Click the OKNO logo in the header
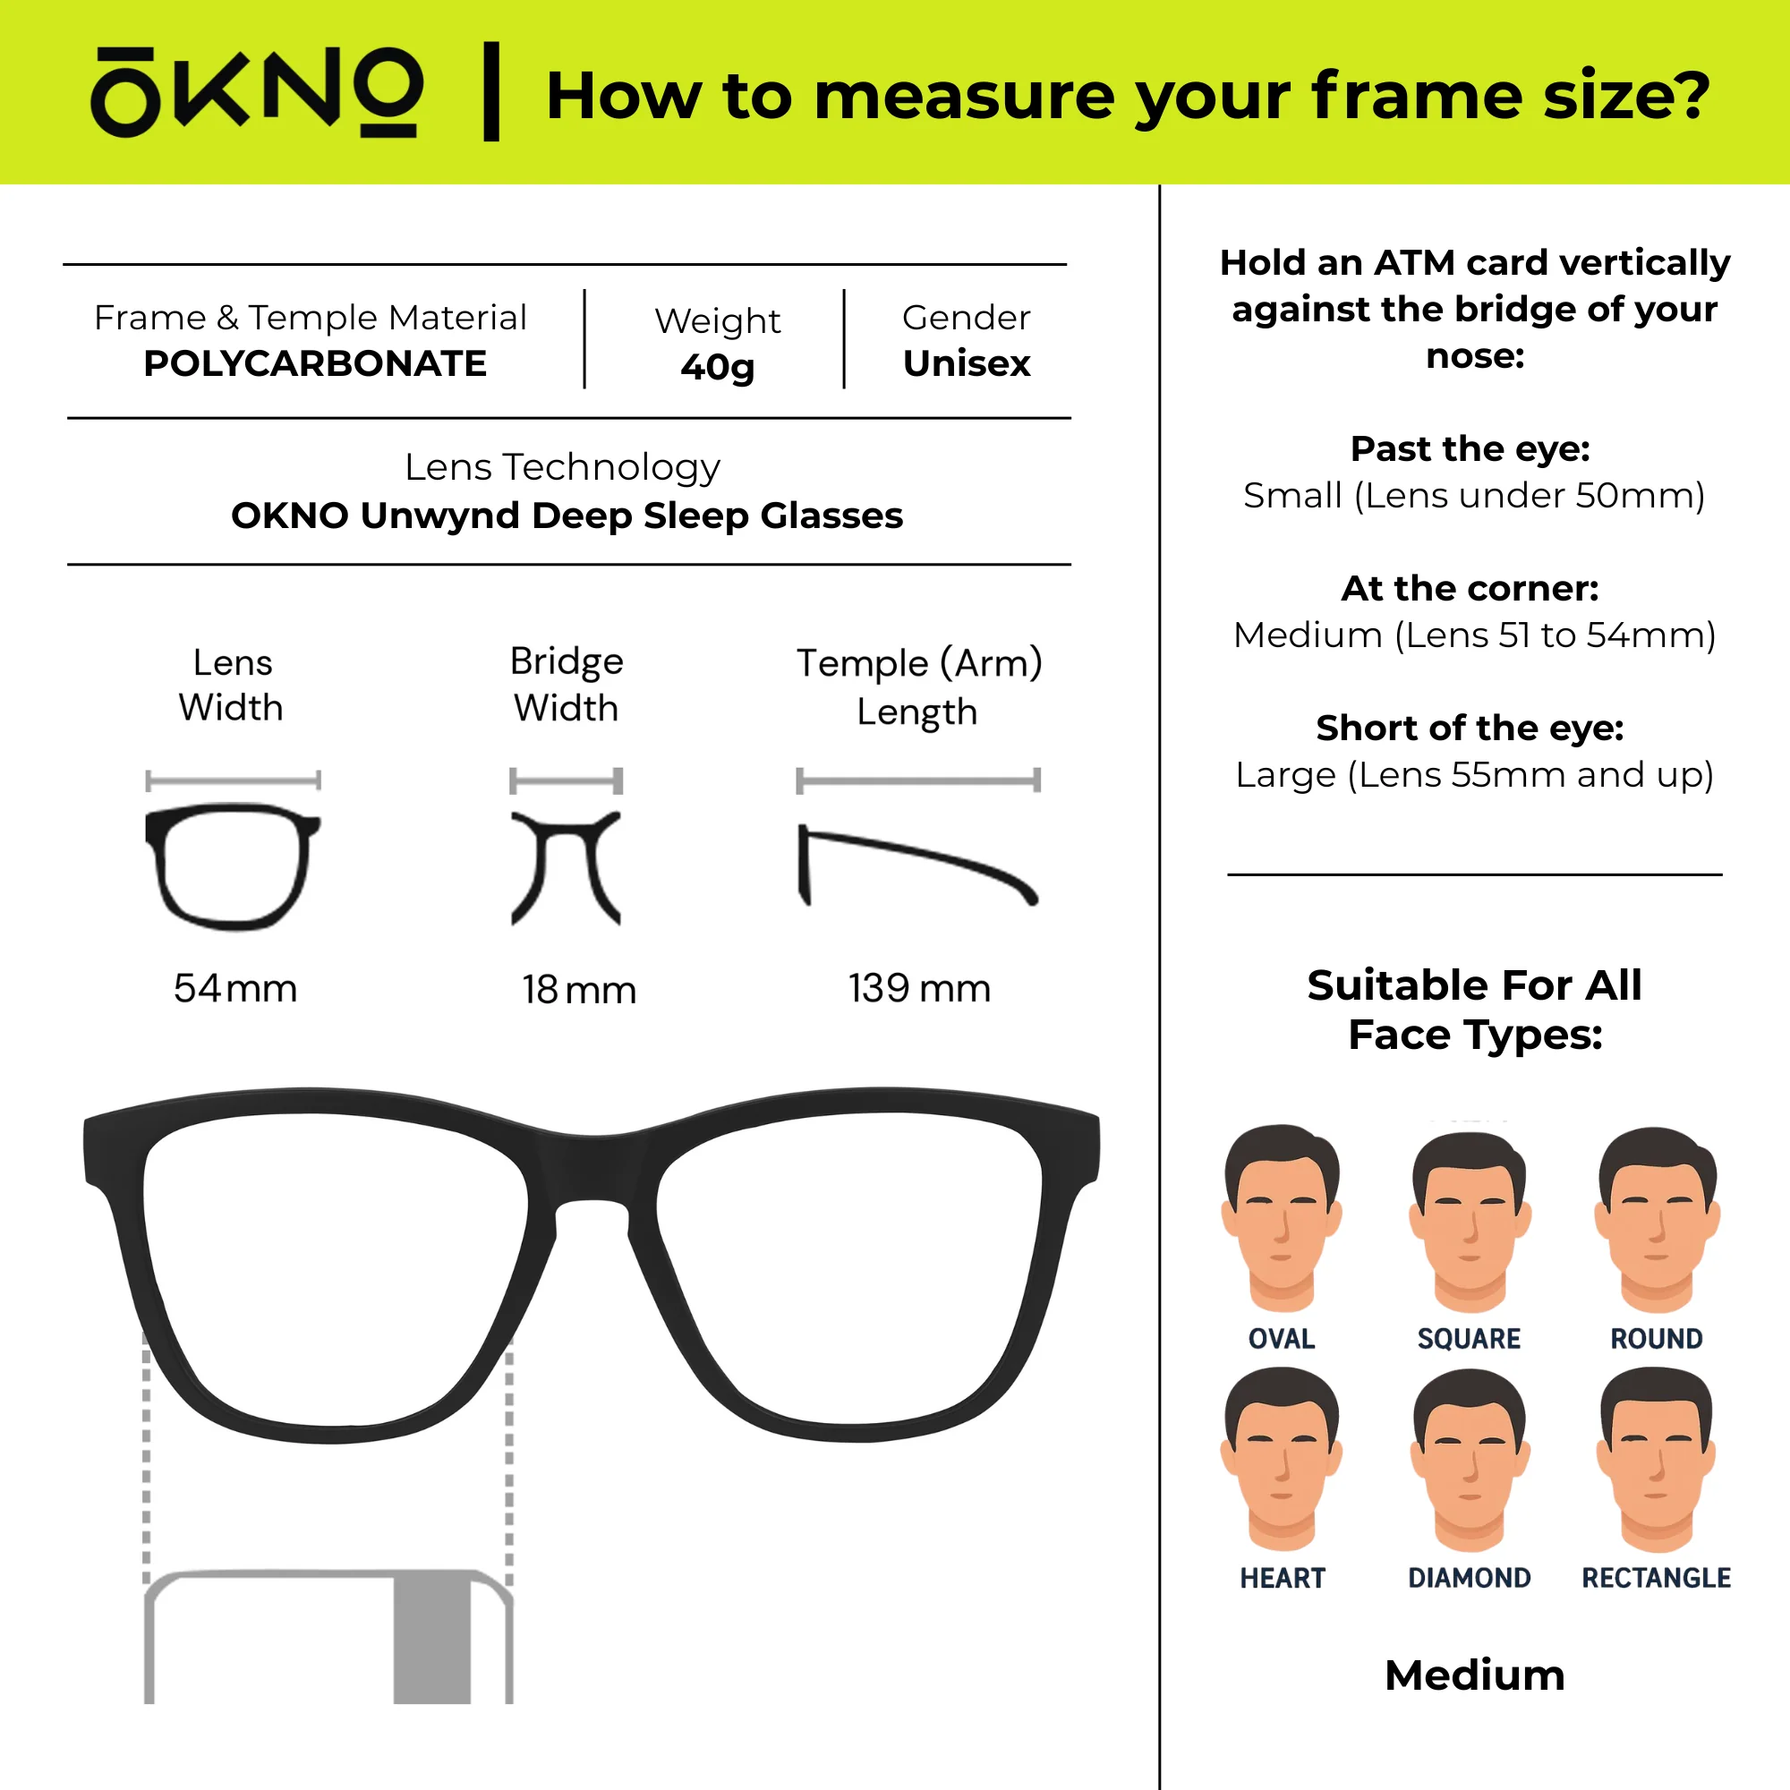click(x=257, y=93)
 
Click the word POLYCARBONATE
click(x=315, y=364)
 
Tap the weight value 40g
click(x=718, y=368)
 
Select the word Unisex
click(x=967, y=363)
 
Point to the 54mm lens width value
click(x=235, y=989)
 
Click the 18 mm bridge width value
click(x=579, y=991)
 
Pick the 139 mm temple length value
click(x=919, y=989)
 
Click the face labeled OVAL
click(x=1282, y=1218)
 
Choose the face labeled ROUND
click(x=1657, y=1219)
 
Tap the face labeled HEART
click(x=1282, y=1459)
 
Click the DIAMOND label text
click(x=1470, y=1578)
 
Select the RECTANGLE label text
click(x=1657, y=1578)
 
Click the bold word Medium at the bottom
click(x=1475, y=1675)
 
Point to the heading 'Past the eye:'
click(x=1470, y=449)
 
